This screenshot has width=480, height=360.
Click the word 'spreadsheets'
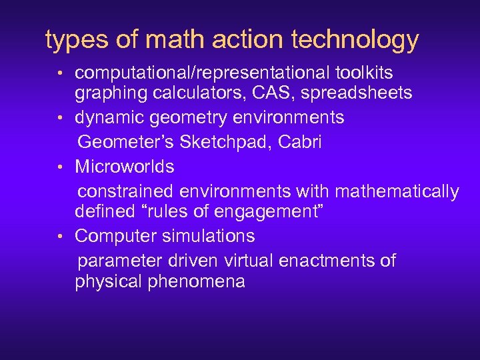(357, 93)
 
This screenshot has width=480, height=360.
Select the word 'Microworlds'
(125, 166)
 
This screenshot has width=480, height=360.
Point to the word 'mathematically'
(397, 192)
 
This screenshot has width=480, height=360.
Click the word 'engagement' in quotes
(254, 212)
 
